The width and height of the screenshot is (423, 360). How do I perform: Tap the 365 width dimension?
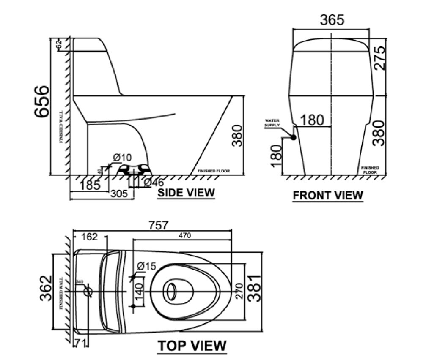pos(332,20)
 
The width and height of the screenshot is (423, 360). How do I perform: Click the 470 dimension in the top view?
pos(183,236)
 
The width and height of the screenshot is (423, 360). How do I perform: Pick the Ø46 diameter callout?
pos(154,183)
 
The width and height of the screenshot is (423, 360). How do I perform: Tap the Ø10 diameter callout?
pos(123,158)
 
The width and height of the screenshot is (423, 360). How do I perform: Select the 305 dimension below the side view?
pos(119,194)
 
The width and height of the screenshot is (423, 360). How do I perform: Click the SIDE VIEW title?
pos(186,193)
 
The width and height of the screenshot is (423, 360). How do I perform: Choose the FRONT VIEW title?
pos(328,196)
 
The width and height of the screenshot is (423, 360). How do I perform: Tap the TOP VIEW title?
pos(192,346)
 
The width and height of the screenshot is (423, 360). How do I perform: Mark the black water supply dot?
pos(292,137)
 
